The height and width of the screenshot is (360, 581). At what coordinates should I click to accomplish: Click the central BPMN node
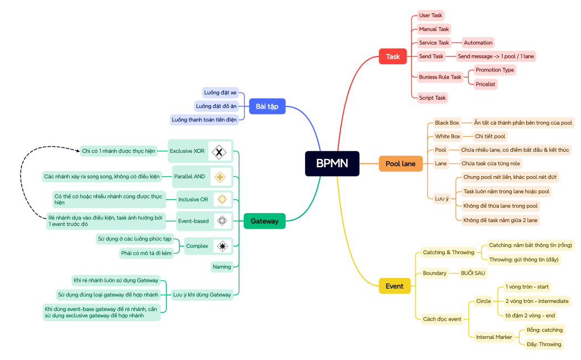[332, 163]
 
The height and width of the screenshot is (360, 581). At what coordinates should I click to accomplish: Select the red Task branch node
[393, 56]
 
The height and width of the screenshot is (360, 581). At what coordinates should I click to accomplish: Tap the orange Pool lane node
[400, 163]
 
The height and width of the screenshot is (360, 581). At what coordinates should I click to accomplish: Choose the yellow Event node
[394, 286]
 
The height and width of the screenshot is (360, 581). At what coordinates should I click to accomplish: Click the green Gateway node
[264, 221]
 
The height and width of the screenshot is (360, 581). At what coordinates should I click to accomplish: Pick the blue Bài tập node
[267, 106]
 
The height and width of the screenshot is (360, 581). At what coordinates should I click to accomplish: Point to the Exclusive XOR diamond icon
[220, 151]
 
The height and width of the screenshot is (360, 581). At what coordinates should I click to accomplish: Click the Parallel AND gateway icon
[220, 177]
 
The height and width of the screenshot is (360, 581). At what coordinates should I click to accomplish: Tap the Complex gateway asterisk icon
[222, 246]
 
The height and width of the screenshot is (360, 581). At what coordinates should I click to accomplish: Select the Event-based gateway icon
[222, 220]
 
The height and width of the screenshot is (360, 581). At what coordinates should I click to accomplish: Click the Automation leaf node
[478, 43]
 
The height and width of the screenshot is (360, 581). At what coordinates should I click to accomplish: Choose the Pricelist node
[486, 84]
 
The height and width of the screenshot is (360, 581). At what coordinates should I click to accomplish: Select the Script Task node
[432, 98]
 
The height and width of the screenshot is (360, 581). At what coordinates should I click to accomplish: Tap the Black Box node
[446, 122]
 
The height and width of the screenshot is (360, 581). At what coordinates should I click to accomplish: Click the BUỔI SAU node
[473, 273]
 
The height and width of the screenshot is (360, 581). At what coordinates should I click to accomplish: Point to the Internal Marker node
[494, 337]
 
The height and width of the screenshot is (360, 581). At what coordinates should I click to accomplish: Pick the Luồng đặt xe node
[220, 92]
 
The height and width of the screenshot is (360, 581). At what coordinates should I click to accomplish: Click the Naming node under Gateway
[222, 267]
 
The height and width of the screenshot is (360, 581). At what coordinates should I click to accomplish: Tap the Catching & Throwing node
[448, 253]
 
